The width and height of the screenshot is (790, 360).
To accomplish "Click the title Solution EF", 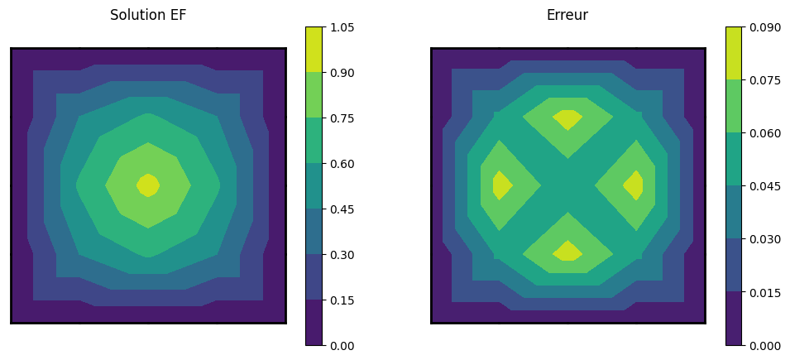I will pyautogui.click(x=147, y=15).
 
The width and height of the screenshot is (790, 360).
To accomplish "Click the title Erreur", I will pyautogui.click(x=567, y=15).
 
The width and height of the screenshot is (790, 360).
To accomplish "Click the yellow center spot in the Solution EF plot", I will pyautogui.click(x=148, y=185).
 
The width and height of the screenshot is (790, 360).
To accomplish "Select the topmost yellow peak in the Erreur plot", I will pyautogui.click(x=567, y=119).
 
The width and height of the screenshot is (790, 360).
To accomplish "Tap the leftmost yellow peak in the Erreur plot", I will pyautogui.click(x=501, y=185).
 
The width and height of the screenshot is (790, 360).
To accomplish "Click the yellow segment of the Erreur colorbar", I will pyautogui.click(x=734, y=53).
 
